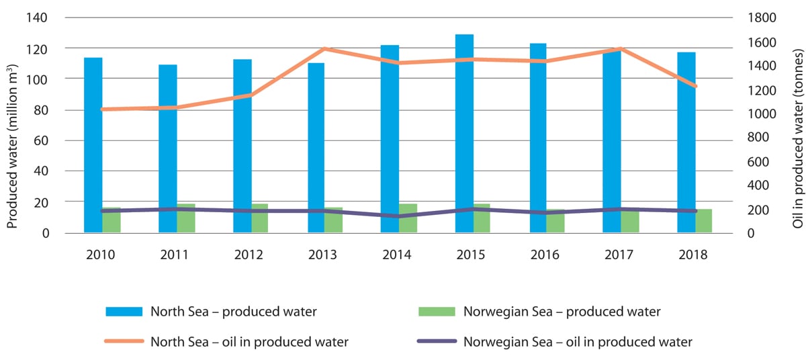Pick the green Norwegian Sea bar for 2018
(x=703, y=222)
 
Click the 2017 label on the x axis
(x=620, y=255)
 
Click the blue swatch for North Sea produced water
(x=124, y=312)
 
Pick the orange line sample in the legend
(x=124, y=341)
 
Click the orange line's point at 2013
(x=324, y=49)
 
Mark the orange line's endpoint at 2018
(x=695, y=86)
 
